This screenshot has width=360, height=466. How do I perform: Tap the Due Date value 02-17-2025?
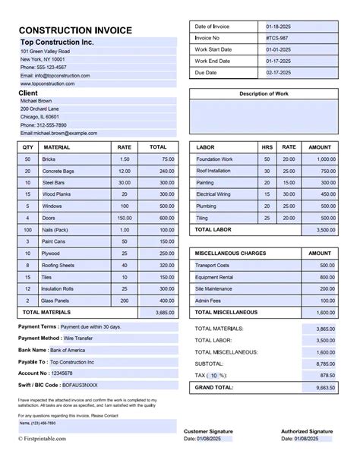point(279,73)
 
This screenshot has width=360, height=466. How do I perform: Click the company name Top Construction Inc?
point(57,43)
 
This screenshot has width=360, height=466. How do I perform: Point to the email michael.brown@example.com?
point(59,133)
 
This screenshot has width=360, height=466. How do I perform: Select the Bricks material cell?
point(49,159)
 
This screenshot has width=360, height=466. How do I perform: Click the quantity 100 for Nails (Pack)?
point(27,229)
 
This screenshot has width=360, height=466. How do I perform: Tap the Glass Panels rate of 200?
point(124,300)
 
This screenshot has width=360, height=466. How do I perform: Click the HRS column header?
point(267,147)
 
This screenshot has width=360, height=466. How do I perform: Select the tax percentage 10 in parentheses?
point(214,375)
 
